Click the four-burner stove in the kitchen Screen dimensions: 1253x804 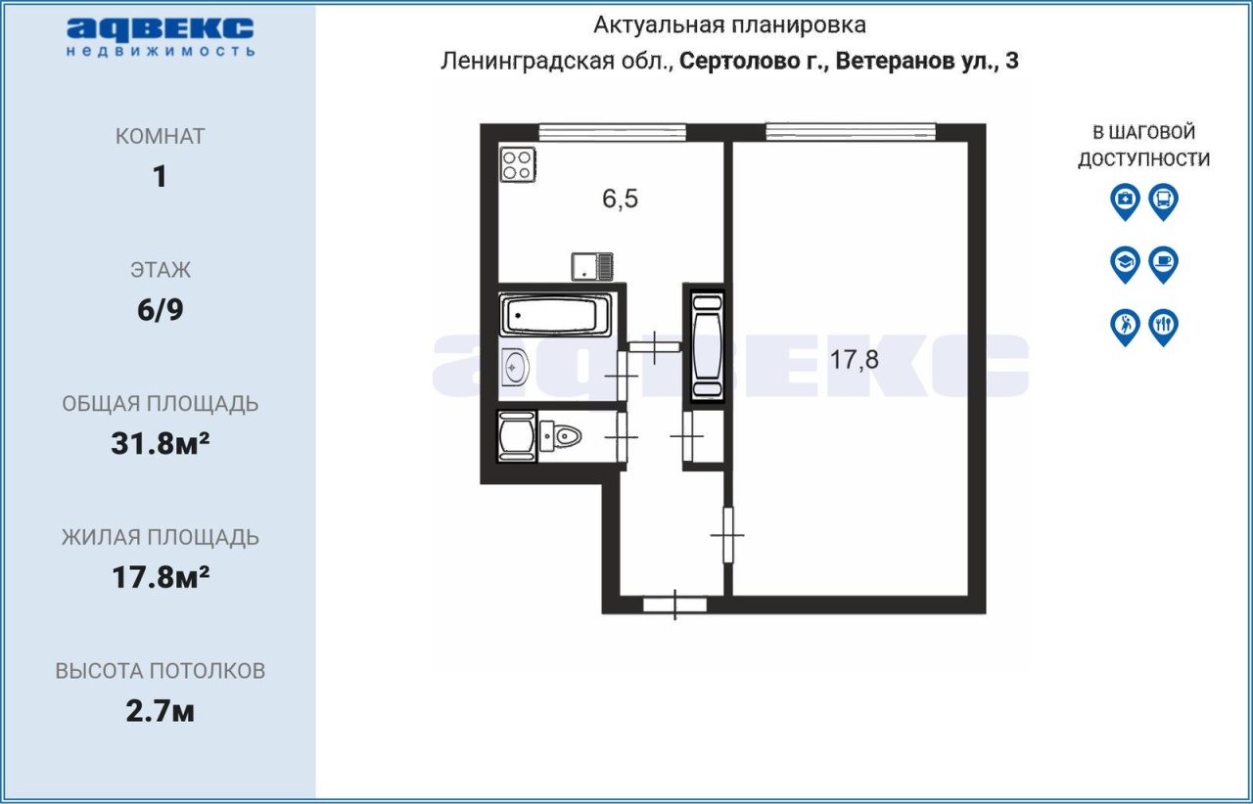[x=518, y=165]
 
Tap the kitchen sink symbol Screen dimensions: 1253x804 [x=592, y=267]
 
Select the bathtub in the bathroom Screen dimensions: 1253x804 [x=555, y=315]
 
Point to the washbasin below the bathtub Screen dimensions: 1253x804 [x=514, y=368]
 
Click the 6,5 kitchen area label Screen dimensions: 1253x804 [x=620, y=199]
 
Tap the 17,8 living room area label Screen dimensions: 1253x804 [x=854, y=360]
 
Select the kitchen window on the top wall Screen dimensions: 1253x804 [x=613, y=132]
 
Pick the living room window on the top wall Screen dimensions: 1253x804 [x=851, y=132]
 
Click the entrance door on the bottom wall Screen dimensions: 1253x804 [x=674, y=605]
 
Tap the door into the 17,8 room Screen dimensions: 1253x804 [x=727, y=535]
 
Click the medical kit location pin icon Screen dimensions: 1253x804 [x=1125, y=201]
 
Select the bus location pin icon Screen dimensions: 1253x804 [x=1164, y=201]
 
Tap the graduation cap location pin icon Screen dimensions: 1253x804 [x=1125, y=264]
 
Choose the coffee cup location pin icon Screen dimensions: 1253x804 [x=1164, y=264]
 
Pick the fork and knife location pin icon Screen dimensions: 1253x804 [x=1164, y=327]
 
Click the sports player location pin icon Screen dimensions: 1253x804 [x=1125, y=327]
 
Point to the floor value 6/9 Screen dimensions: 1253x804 [x=160, y=310]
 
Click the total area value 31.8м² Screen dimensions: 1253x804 [x=160, y=444]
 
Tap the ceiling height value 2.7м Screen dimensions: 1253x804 [x=160, y=711]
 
